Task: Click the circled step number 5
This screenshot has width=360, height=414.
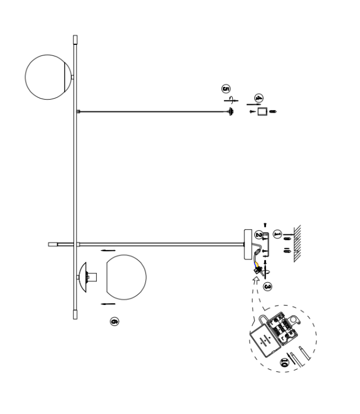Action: [x=225, y=88]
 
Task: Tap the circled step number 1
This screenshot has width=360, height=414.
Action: [x=277, y=233]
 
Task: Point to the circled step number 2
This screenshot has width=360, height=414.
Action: [x=258, y=234]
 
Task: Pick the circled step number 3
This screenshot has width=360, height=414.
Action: [x=268, y=286]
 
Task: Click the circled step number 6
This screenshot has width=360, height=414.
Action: [x=114, y=321]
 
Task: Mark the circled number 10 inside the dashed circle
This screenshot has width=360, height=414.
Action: [x=285, y=362]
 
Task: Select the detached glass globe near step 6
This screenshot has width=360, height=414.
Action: [x=125, y=277]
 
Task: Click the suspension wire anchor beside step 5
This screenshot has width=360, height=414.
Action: [x=231, y=111]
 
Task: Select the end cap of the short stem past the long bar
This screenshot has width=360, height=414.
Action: [x=52, y=243]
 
